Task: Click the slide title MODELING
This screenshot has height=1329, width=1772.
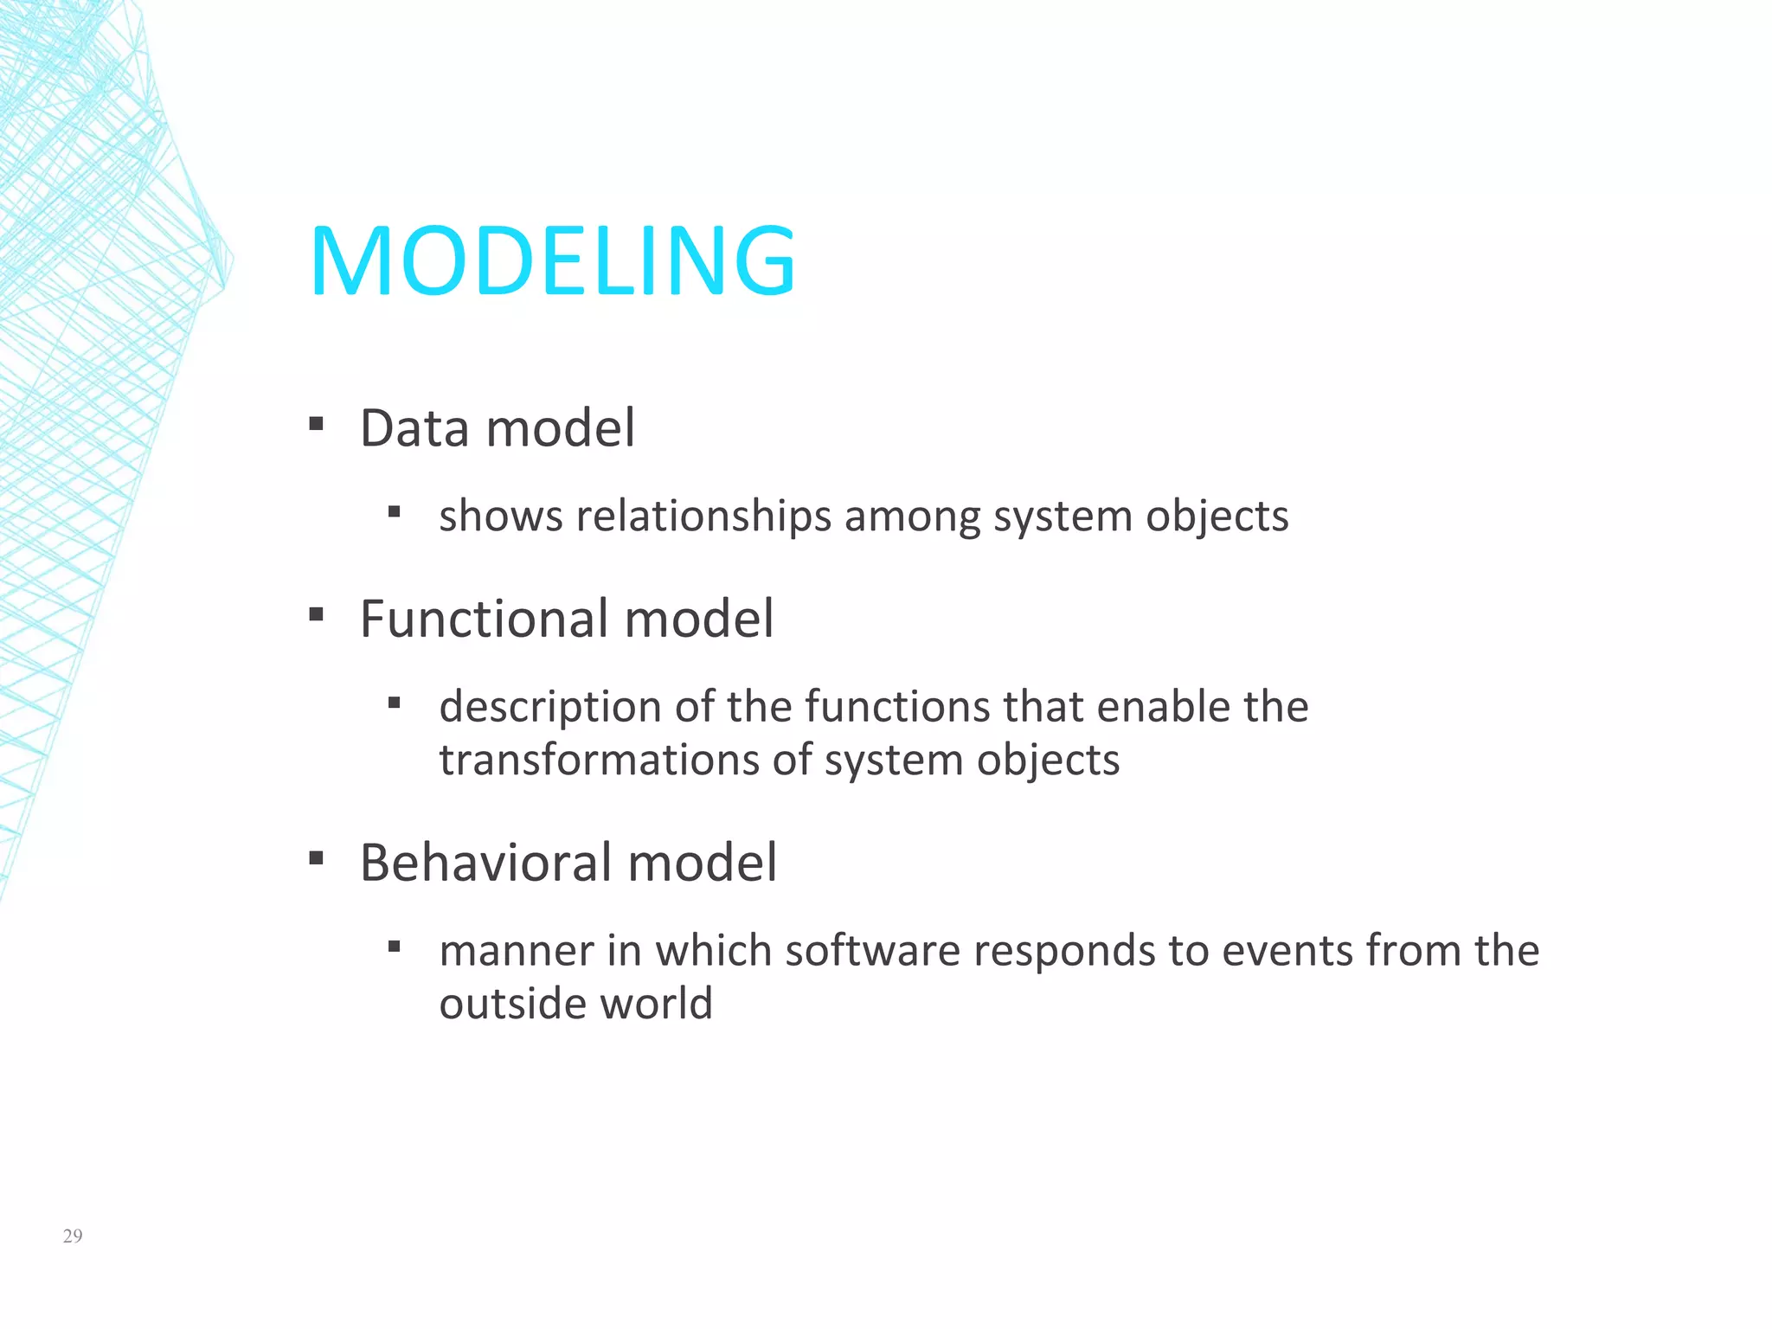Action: point(552,260)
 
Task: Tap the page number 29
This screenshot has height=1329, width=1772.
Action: point(73,1236)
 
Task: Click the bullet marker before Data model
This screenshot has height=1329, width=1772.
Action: point(316,424)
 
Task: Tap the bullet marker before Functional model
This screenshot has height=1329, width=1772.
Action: point(316,615)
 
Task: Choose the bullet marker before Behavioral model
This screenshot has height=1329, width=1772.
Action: point(316,859)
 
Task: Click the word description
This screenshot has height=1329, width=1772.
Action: point(550,707)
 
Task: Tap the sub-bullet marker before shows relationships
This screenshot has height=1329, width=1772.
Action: point(395,512)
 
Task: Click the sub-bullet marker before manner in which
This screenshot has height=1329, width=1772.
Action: point(395,947)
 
